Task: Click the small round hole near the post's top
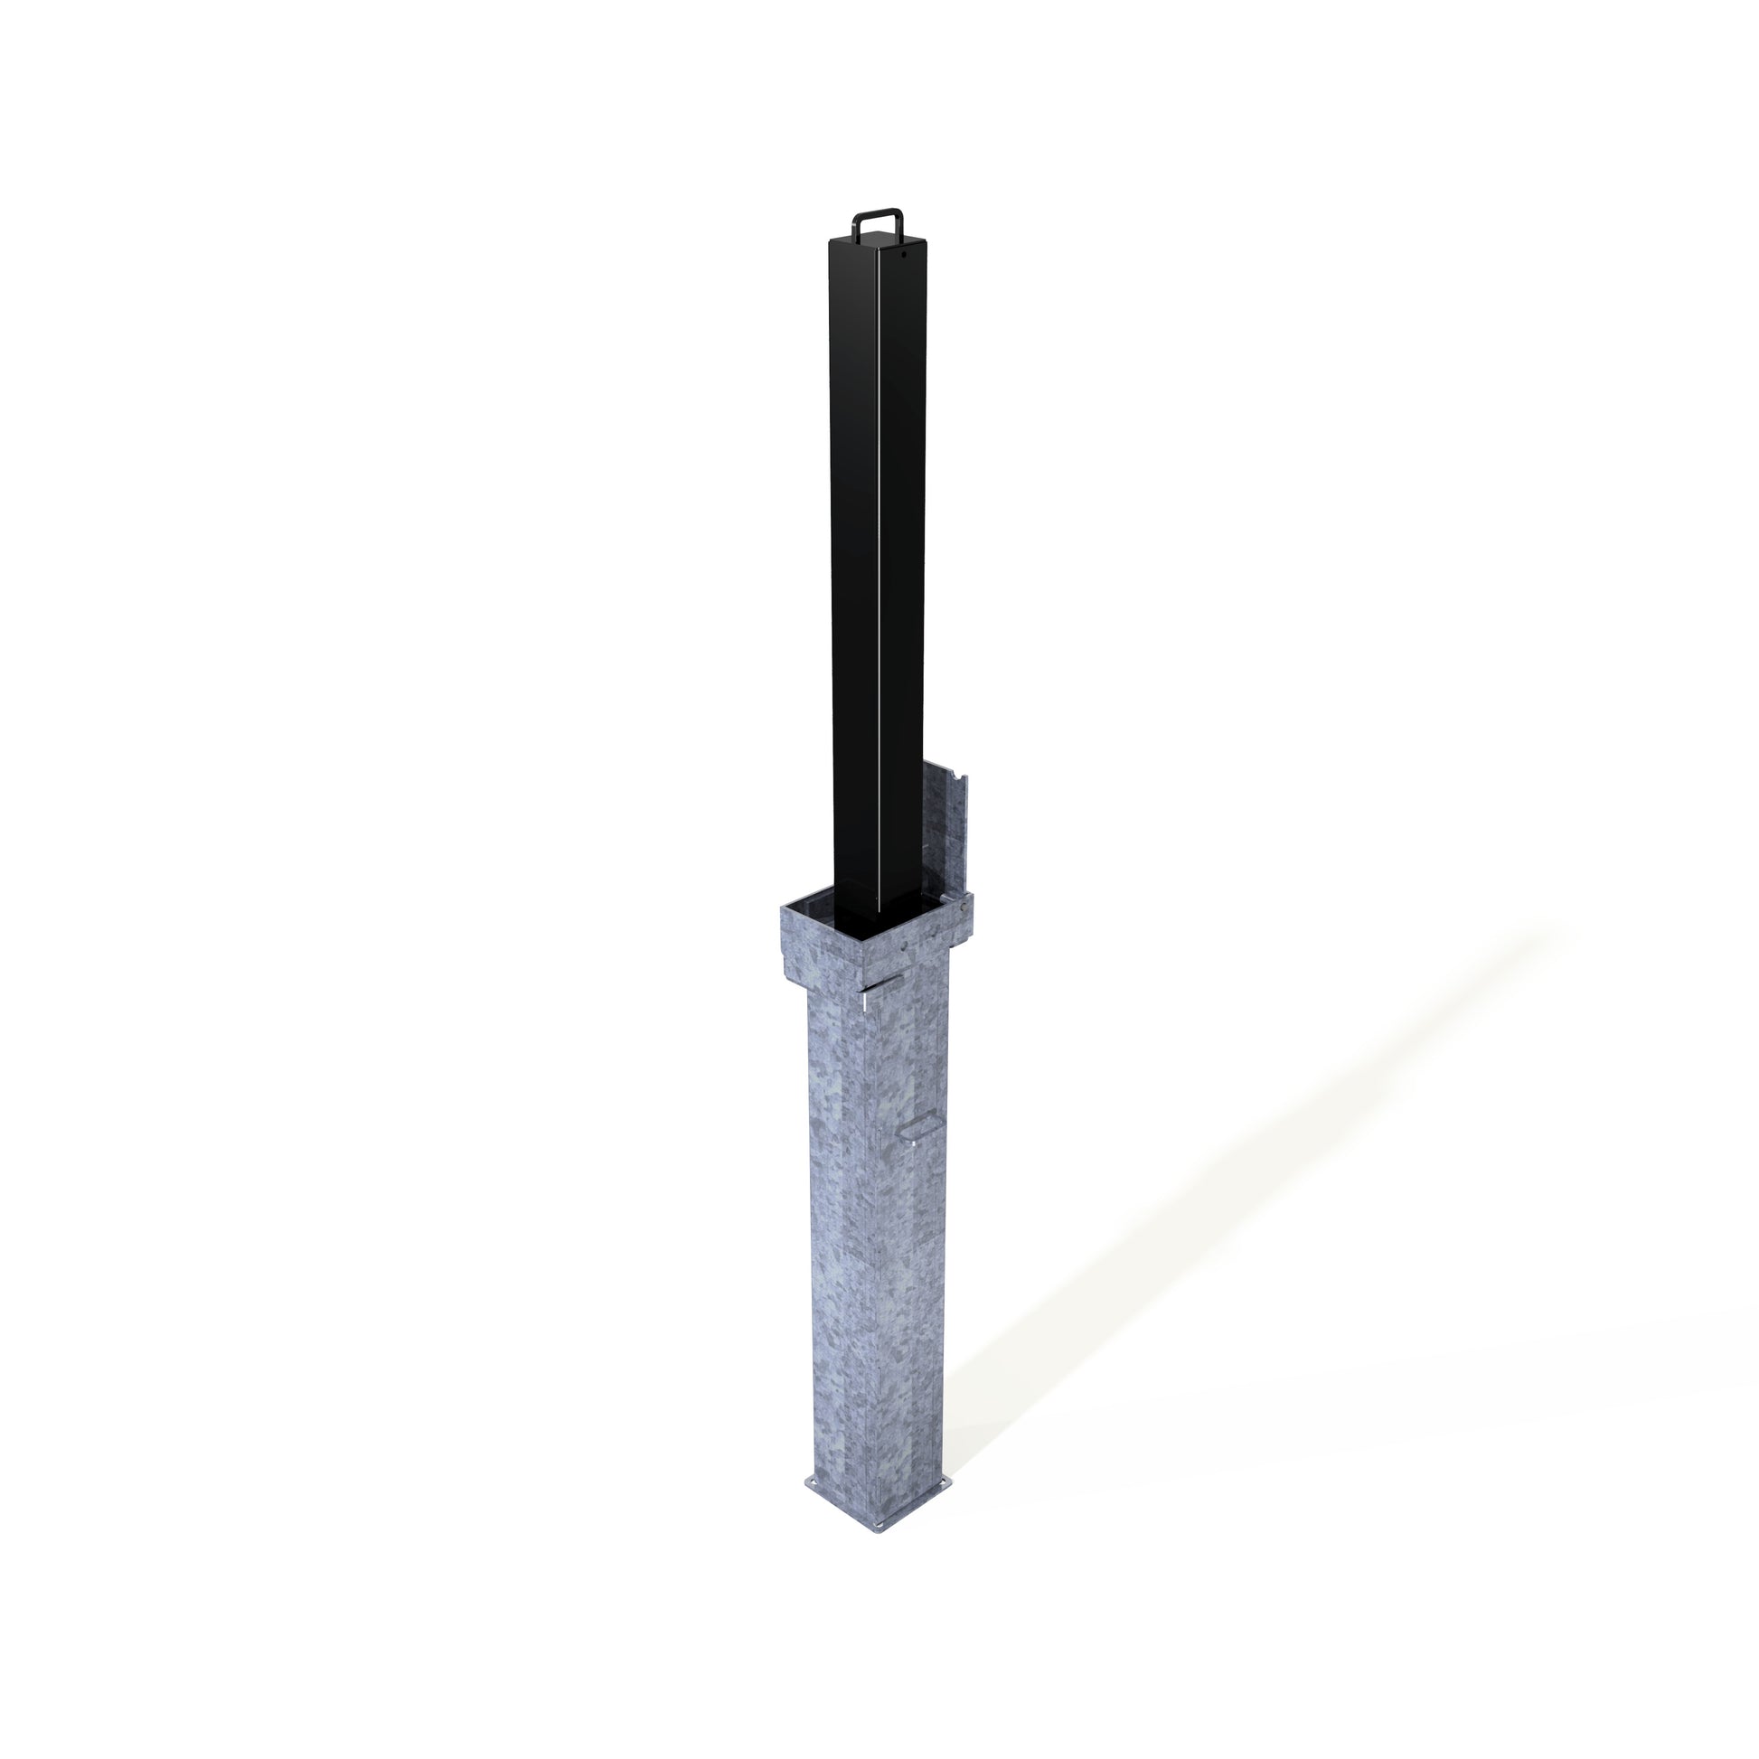coord(904,256)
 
